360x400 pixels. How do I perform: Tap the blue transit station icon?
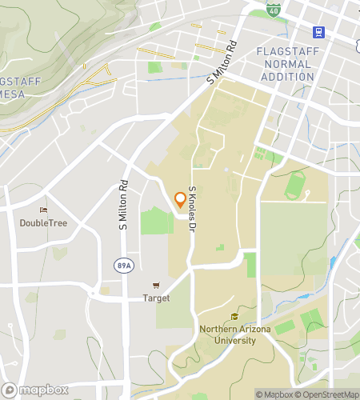point(318,32)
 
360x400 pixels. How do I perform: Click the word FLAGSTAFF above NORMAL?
point(286,51)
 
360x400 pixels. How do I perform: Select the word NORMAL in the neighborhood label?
point(286,64)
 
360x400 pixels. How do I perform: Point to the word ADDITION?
point(286,77)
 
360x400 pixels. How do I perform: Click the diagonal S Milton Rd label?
point(223,62)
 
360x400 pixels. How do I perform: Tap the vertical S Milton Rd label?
point(124,204)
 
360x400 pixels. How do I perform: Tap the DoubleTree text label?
point(43,222)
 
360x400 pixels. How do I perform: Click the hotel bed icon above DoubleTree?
point(43,210)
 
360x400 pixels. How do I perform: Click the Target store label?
point(156,298)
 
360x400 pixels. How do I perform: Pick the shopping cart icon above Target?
point(156,286)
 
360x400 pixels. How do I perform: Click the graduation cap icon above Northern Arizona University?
point(234,317)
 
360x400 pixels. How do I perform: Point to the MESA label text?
point(15,94)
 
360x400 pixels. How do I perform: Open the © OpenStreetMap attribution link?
point(328,394)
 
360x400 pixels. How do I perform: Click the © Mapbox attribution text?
point(275,394)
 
